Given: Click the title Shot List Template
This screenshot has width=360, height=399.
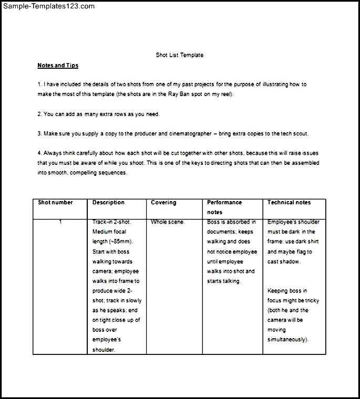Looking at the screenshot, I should (x=179, y=55).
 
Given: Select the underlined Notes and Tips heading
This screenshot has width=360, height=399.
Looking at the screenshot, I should (x=58, y=66).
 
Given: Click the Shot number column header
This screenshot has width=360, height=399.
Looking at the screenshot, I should (x=55, y=203).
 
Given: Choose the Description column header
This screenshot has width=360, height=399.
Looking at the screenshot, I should (x=108, y=203).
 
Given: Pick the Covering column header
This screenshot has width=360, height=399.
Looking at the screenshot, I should (x=163, y=203).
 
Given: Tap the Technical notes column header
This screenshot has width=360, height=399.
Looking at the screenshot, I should (x=289, y=203).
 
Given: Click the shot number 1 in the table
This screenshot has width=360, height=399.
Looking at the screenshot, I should (x=60, y=222).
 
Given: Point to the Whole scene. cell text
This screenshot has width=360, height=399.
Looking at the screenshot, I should (x=168, y=222).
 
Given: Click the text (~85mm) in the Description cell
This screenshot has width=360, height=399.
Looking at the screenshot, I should (x=120, y=241).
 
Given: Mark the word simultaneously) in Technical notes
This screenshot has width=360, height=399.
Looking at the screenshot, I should (x=289, y=340).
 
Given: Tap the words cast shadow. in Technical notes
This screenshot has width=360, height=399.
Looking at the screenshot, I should (x=284, y=261).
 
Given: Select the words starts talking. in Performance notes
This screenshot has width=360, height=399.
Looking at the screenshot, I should (x=224, y=281).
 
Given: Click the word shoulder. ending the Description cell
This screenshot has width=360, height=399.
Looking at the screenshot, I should (x=104, y=350).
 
